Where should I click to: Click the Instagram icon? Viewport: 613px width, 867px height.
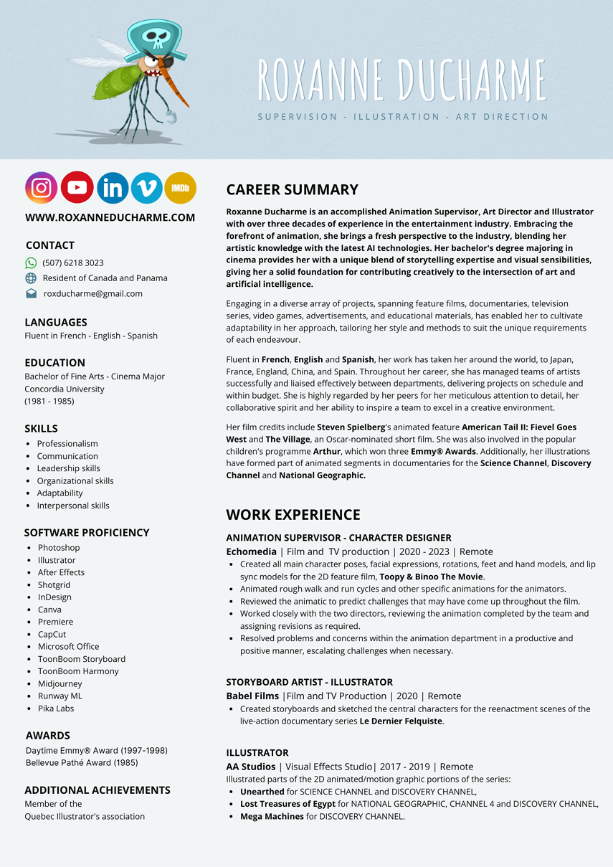42,188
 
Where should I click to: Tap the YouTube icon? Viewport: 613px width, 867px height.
77,188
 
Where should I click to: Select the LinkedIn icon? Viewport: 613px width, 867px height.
113,188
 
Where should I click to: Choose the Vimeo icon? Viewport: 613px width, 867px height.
147,188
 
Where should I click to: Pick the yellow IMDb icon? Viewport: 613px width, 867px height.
180,188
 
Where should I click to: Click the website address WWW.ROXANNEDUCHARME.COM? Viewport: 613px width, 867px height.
110,217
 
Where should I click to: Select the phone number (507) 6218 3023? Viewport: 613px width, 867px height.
73,263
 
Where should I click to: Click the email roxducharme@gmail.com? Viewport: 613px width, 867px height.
93,293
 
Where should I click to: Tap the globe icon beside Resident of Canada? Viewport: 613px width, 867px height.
31,278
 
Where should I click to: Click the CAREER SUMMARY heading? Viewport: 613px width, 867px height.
292,190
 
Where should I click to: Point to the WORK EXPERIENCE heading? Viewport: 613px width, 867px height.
293,515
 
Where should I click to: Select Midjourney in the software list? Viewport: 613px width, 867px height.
60,684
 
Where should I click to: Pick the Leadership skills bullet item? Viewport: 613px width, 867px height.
69,468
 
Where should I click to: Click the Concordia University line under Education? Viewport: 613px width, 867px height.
65,389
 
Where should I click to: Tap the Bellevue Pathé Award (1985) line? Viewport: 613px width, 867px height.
82,763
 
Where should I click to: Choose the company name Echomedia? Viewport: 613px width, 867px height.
251,551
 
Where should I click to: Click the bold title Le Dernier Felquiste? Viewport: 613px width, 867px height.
401,721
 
